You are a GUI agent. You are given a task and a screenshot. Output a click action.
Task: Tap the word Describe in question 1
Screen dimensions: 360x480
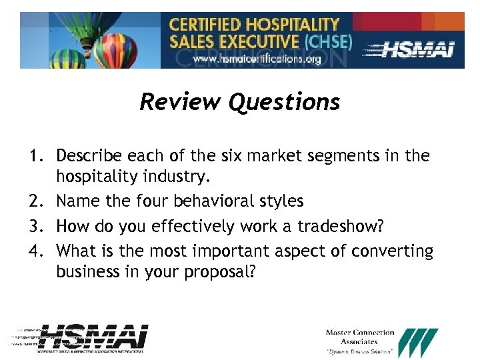coord(89,157)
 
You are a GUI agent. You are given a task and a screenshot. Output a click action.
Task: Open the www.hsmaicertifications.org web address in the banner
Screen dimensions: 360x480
coord(257,59)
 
